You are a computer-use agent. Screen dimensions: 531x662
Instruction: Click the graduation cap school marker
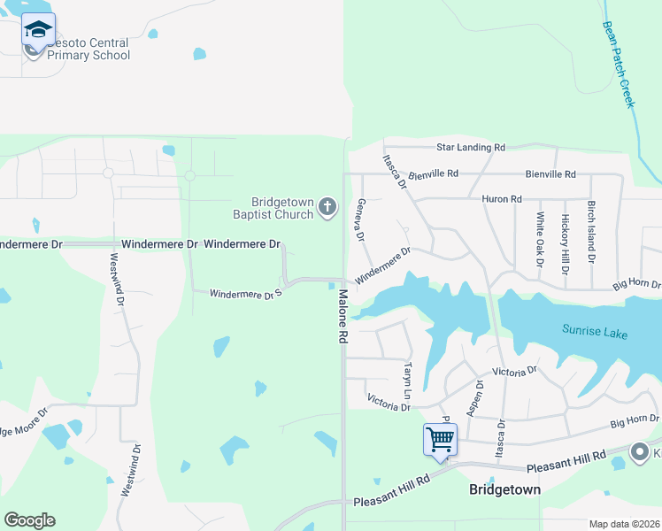tap(38, 30)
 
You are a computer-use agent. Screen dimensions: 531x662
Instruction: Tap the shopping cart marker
tap(440, 439)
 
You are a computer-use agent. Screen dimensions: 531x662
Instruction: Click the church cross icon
tap(327, 208)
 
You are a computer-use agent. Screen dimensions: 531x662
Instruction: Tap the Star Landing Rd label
tap(470, 147)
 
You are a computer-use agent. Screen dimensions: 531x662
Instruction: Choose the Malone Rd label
tap(342, 319)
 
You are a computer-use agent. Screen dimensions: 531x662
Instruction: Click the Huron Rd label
tap(502, 199)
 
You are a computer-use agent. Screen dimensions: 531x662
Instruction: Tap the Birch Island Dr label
tap(590, 235)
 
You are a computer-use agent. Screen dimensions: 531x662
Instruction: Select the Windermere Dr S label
tap(245, 293)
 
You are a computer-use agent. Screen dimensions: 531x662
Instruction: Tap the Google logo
tap(29, 520)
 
